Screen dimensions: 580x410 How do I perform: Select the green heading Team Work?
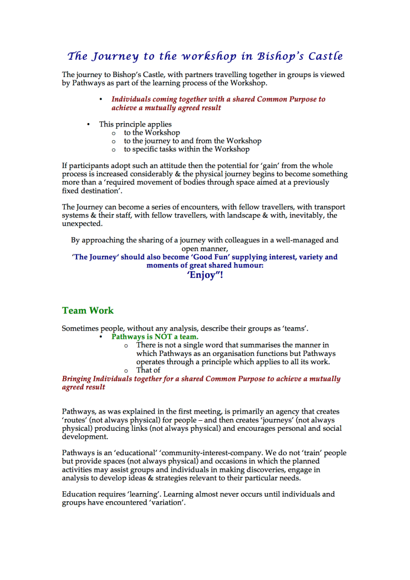(x=88, y=311)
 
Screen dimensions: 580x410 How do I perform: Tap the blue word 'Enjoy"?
(x=205, y=276)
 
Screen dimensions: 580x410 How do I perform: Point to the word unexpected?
(x=83, y=223)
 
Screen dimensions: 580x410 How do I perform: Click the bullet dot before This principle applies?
(x=88, y=124)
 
